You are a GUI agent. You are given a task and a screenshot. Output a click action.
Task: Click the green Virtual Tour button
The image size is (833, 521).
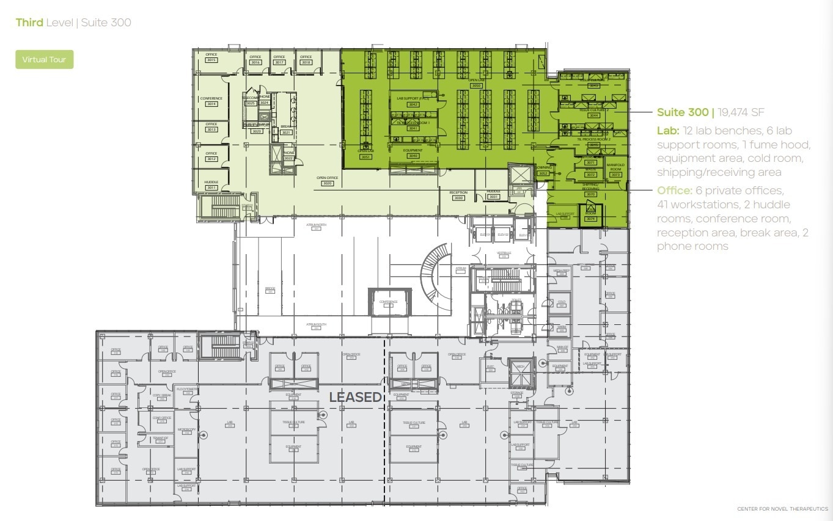[x=44, y=60]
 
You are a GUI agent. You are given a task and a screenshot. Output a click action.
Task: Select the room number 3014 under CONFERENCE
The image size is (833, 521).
[x=211, y=104]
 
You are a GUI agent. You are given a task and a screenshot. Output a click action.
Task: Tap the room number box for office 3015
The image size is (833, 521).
[x=211, y=60]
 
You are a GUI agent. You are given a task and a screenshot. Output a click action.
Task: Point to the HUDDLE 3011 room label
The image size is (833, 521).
[x=211, y=185]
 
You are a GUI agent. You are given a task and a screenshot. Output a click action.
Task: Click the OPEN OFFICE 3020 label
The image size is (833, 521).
[x=328, y=181]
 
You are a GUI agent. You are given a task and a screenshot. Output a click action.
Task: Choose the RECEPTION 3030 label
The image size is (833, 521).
[x=458, y=195]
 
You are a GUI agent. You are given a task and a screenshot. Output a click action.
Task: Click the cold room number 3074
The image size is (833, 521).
[x=590, y=218]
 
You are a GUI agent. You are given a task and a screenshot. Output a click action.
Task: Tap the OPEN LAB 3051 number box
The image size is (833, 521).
[x=365, y=157]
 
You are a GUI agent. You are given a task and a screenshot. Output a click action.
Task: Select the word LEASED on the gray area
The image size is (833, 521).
[x=355, y=397]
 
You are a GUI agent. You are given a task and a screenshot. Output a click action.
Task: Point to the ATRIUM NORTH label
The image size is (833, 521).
[x=317, y=225]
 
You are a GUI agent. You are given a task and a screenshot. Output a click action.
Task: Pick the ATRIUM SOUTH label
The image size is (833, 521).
[x=317, y=325]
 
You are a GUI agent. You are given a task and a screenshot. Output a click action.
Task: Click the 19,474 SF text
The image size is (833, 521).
[x=741, y=112]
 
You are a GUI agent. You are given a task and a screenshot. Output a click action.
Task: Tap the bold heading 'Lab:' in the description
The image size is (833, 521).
[x=667, y=131]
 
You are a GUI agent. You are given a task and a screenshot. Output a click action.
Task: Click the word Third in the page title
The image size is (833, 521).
[x=29, y=23]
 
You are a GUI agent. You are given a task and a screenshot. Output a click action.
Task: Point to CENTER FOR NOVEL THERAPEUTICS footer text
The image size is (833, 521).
[x=782, y=509]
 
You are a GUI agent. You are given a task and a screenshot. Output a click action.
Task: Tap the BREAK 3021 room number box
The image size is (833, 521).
[x=286, y=132]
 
